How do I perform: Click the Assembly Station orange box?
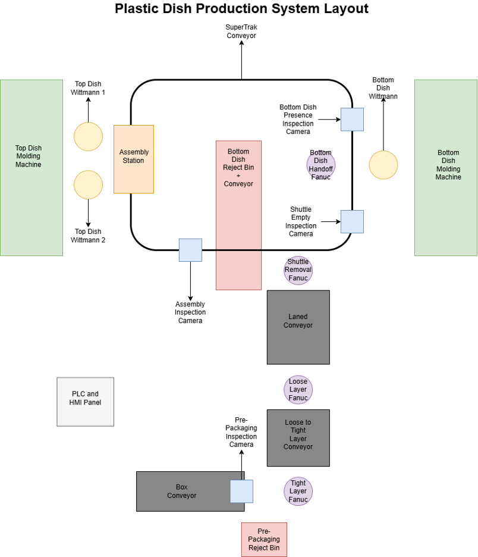[134, 159]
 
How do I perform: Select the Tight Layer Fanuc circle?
[298, 492]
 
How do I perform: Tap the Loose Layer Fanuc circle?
[298, 390]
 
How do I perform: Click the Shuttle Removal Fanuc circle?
[298, 270]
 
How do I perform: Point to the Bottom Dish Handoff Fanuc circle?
[321, 165]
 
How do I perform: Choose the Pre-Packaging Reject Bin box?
[264, 540]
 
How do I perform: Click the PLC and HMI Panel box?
[85, 402]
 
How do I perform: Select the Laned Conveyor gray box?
[298, 327]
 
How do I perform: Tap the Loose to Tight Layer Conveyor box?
[298, 437]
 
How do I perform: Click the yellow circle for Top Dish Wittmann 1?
[88, 136]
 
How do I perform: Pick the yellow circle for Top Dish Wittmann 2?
[88, 184]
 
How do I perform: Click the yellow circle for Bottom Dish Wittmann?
[383, 165]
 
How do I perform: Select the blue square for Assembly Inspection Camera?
[190, 250]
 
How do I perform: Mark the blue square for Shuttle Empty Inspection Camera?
[352, 221]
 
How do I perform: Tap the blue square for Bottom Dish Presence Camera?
[352, 119]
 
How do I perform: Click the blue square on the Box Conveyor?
[241, 491]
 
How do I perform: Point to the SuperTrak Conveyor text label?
[241, 32]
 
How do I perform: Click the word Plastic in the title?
[138, 9]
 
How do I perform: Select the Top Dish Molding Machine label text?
[29, 157]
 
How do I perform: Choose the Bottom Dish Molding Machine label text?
[448, 165]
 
